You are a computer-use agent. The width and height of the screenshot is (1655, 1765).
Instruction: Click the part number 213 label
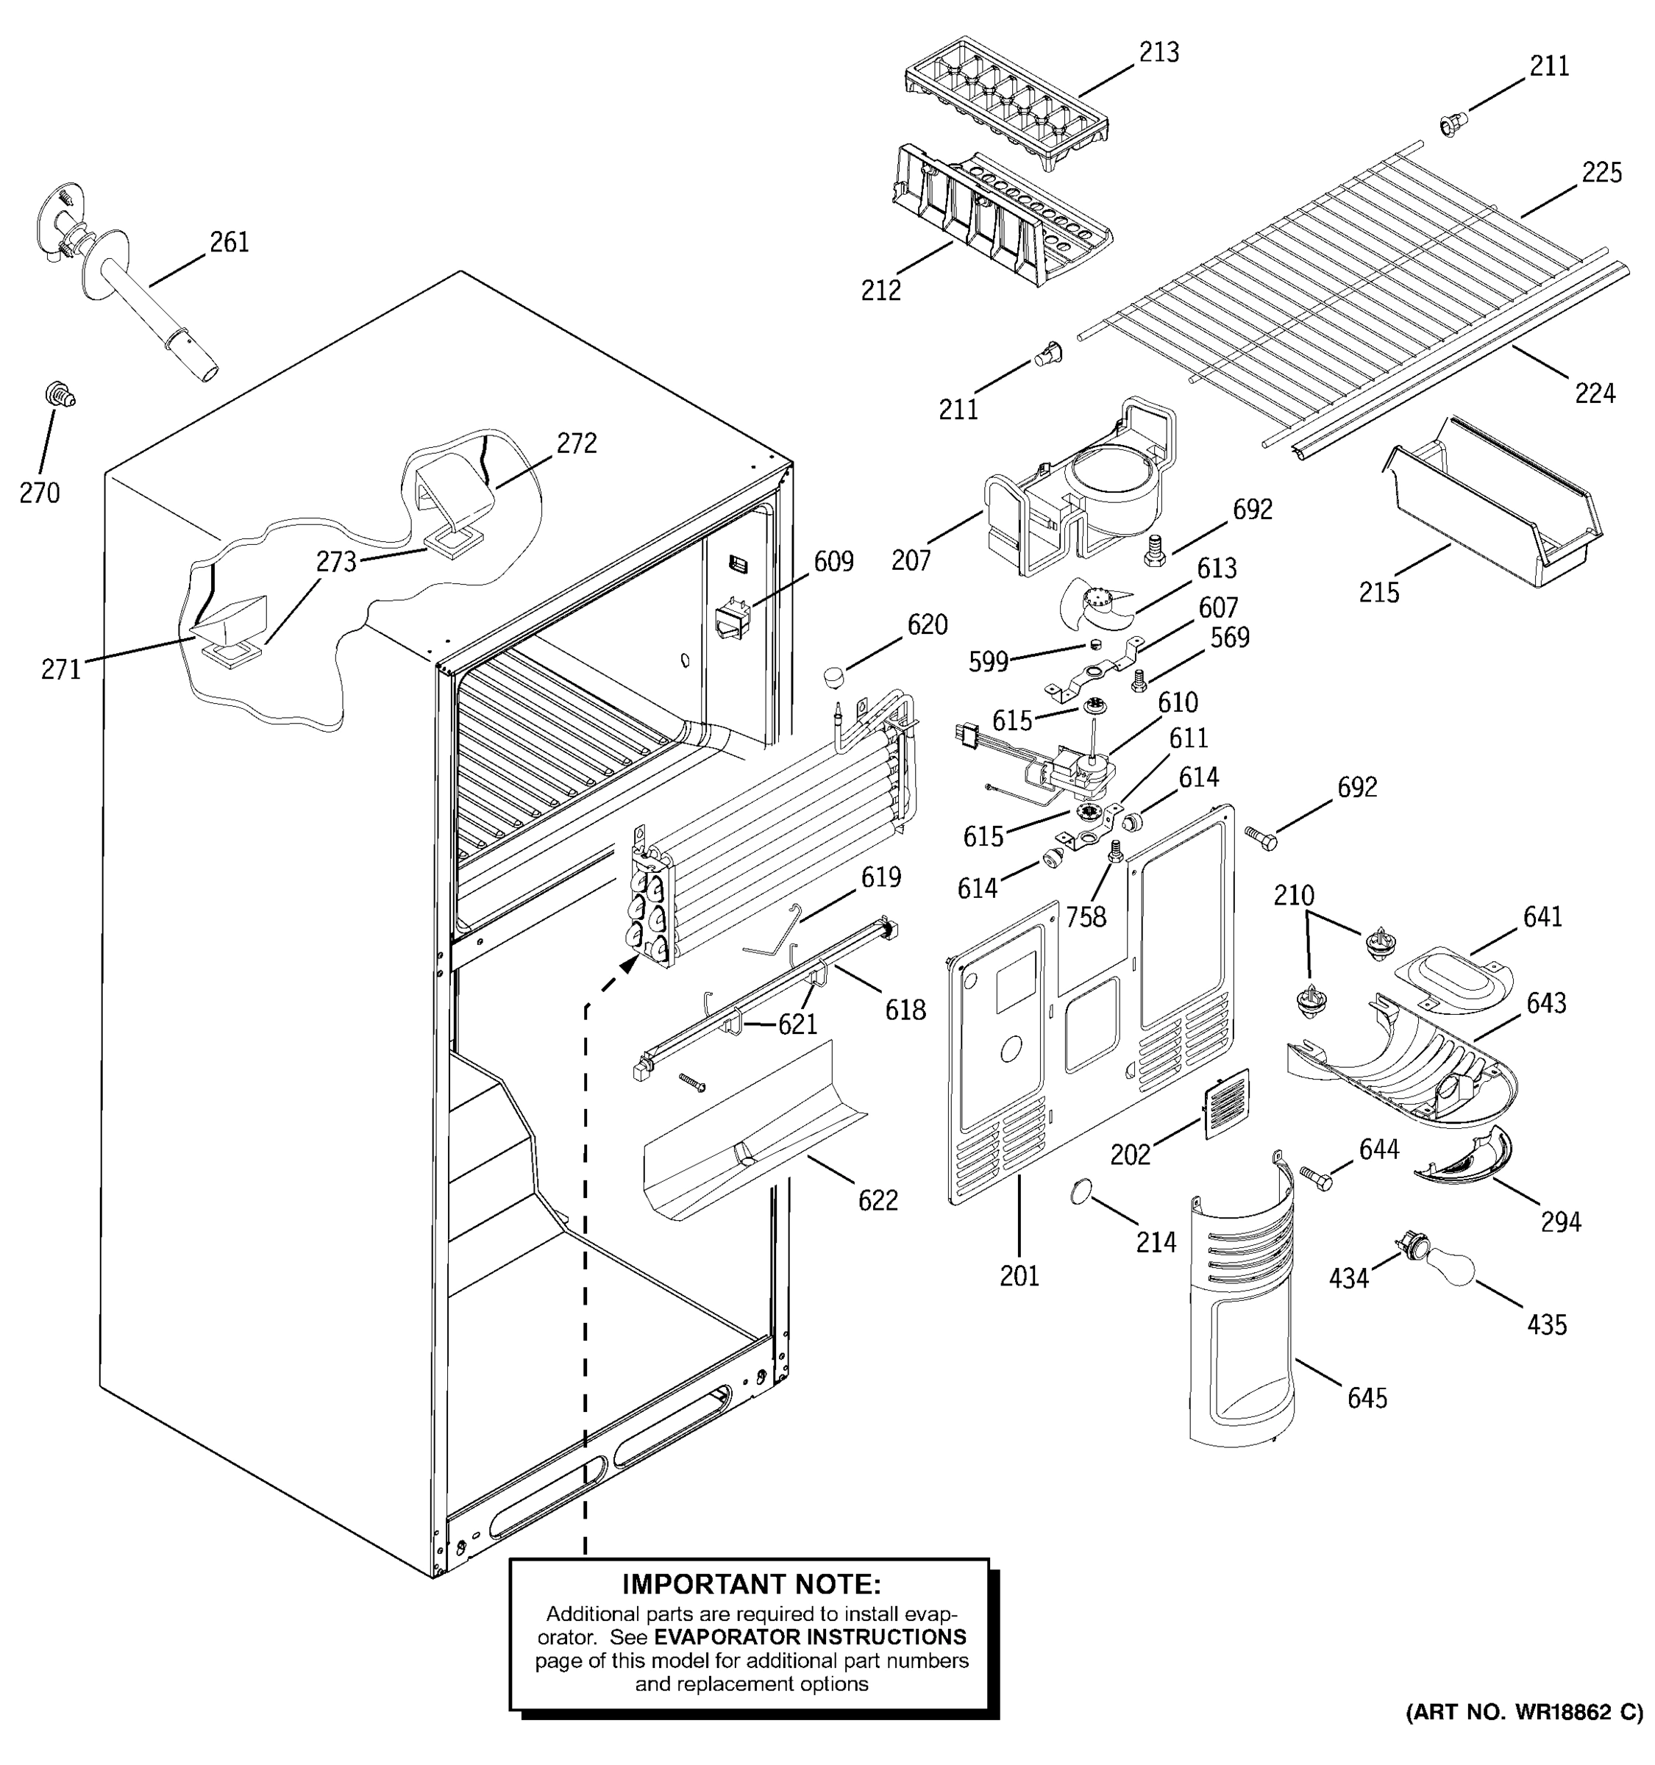point(1158,52)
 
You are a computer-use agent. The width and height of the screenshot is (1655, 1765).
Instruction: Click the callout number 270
point(39,493)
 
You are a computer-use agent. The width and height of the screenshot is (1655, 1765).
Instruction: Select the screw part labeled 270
point(60,394)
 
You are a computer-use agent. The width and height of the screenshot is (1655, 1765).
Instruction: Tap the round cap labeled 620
point(833,677)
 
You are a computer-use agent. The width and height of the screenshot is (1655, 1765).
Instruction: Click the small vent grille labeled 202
point(1226,1104)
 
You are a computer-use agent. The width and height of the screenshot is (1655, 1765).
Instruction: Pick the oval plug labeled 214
point(1080,1191)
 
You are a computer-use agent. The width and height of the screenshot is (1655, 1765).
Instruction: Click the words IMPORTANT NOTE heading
point(751,1584)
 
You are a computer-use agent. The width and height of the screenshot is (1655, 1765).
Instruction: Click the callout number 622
point(878,1200)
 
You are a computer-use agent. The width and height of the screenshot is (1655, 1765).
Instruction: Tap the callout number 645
point(1367,1398)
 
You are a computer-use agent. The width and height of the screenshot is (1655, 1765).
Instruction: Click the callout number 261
point(229,241)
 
